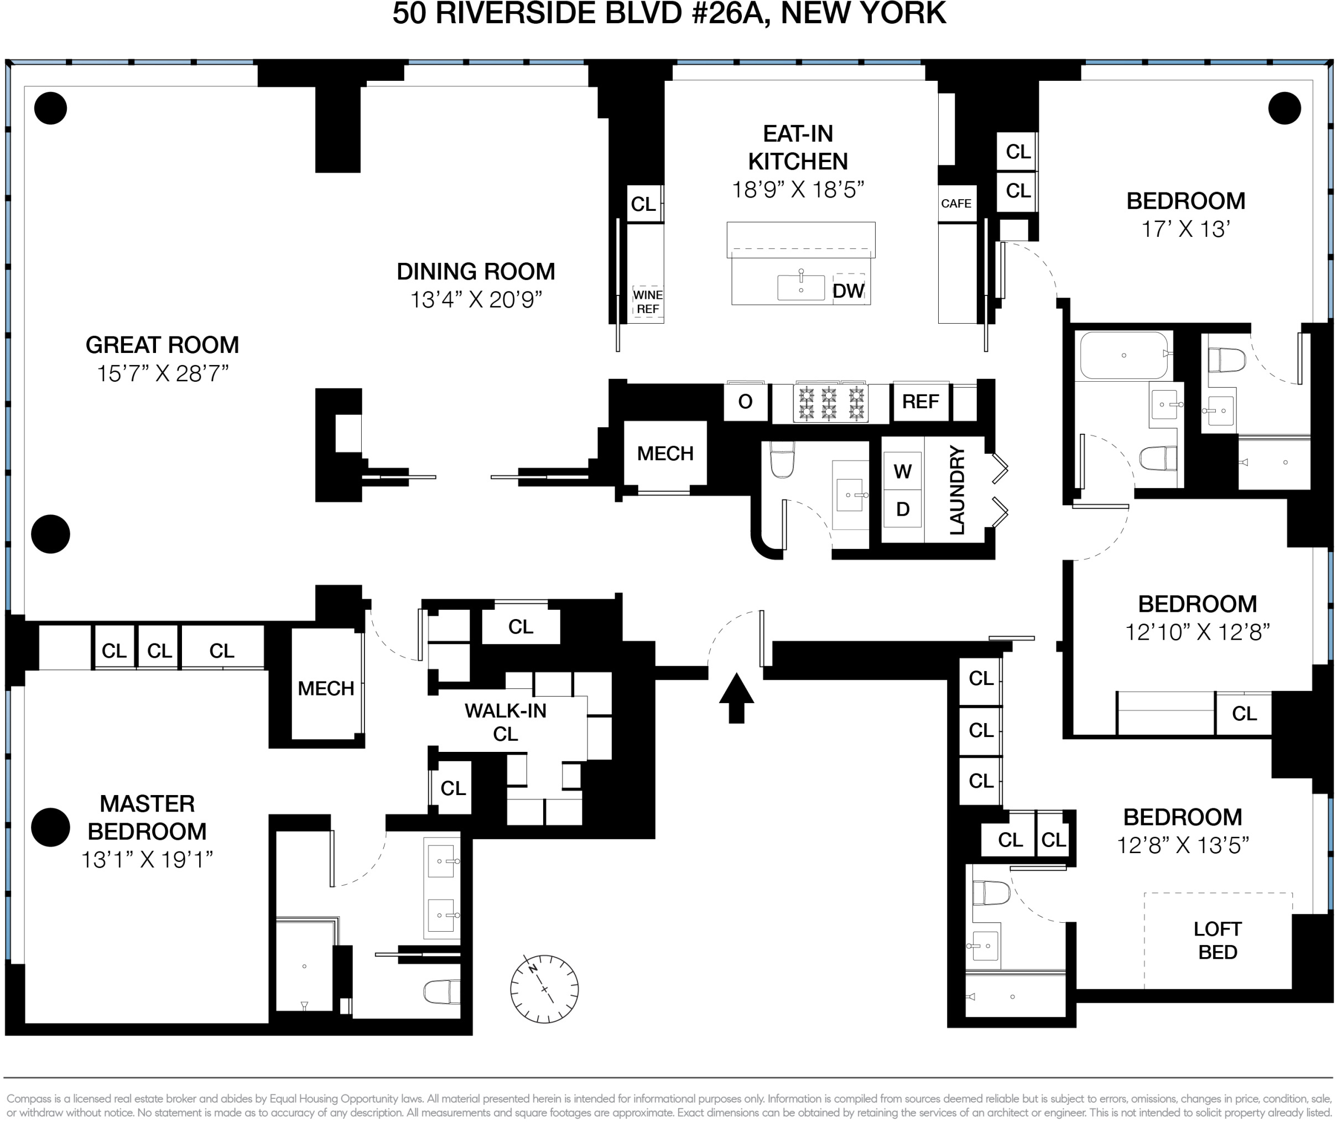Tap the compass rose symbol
[544, 988]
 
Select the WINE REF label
[648, 303]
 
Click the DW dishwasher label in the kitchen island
[848, 291]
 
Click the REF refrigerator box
[920, 402]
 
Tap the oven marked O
[745, 402]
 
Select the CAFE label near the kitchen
[956, 204]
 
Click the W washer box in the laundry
[902, 471]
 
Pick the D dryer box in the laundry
[902, 510]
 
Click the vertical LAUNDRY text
[957, 490]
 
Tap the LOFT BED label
[1218, 941]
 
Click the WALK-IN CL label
[506, 722]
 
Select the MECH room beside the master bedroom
[326, 688]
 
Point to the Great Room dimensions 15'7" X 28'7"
[162, 373]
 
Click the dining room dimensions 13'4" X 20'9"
[476, 299]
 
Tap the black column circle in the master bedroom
[50, 827]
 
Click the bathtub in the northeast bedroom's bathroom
[1123, 356]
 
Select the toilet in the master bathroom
[441, 991]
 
